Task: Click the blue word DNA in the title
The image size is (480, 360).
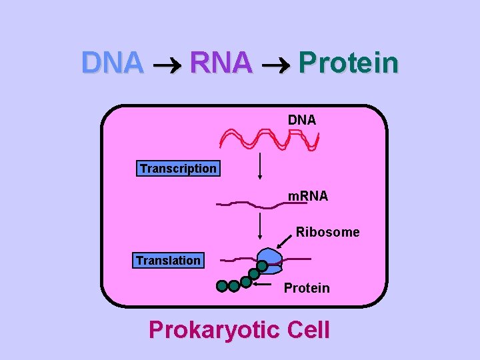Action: click(112, 63)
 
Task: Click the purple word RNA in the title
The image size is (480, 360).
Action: click(221, 63)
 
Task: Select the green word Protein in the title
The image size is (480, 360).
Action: click(349, 63)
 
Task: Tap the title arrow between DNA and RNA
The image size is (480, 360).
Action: click(167, 65)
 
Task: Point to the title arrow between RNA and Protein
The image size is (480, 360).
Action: click(276, 65)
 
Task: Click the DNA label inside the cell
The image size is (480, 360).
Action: click(302, 120)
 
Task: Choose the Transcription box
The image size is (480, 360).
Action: click(178, 169)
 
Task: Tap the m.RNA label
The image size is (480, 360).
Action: click(307, 196)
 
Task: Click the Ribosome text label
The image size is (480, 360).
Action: click(327, 232)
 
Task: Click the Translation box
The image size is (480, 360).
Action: click(168, 260)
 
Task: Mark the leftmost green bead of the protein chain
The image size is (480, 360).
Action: click(222, 287)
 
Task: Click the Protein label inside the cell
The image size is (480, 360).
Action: click(307, 288)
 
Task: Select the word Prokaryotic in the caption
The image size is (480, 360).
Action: click(213, 329)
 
